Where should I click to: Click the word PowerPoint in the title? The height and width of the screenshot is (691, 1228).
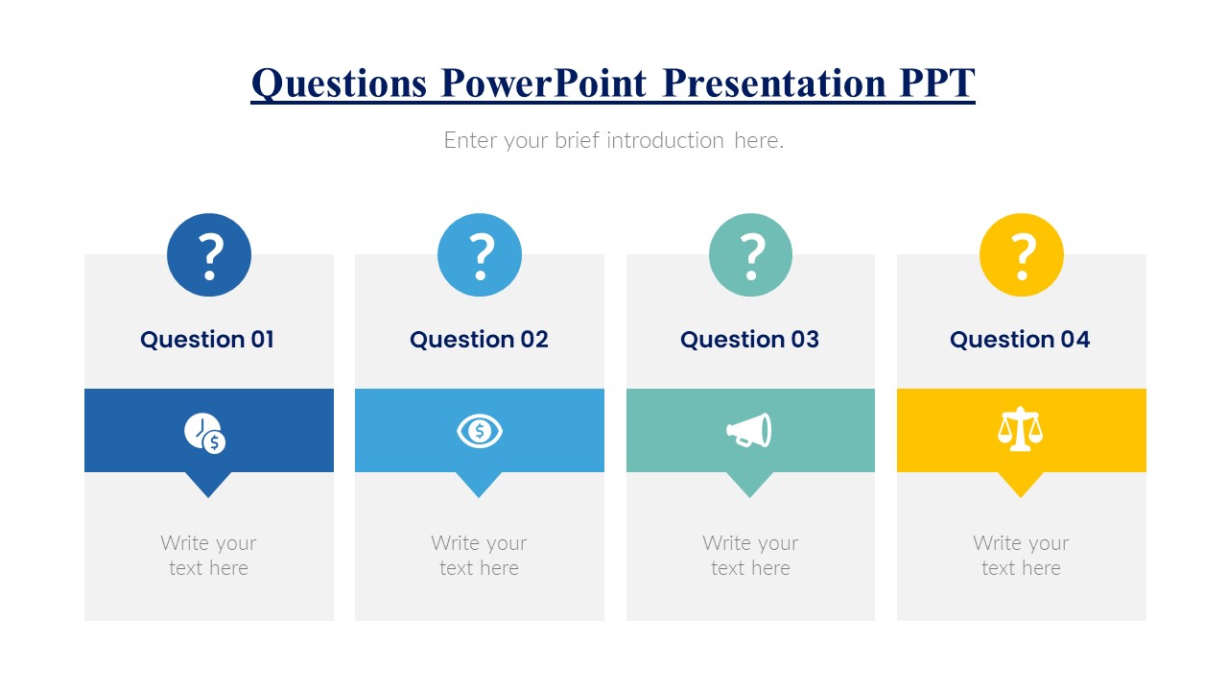pos(544,83)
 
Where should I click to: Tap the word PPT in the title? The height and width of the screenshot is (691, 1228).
pos(936,83)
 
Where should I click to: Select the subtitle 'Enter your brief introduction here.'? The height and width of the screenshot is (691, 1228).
pos(613,140)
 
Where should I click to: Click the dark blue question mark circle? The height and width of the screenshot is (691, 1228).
pos(209,255)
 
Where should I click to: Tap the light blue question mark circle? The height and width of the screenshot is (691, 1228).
pos(480,255)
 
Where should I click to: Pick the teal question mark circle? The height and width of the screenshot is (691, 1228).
pos(750,255)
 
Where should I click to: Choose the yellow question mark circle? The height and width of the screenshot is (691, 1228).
pos(1021,255)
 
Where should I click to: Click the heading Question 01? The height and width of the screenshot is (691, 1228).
pos(207,340)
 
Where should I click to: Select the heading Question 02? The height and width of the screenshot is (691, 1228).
pos(479,340)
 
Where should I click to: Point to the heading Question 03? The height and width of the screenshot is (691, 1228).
pos(749,340)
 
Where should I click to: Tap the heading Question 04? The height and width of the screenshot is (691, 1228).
pos(1020,340)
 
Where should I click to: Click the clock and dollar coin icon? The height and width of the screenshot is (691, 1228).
pos(205,433)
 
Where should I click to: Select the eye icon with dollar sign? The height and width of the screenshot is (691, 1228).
pos(480,431)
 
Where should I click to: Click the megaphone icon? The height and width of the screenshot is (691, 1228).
pos(748,431)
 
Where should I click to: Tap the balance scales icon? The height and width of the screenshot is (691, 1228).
pos(1020,430)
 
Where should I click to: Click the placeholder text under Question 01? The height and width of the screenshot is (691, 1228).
pos(208,556)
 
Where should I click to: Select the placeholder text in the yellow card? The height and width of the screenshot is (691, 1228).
pos(1021,556)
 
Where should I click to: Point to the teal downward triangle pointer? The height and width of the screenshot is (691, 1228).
pos(749,483)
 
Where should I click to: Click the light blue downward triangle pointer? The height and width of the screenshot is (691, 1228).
pos(479,483)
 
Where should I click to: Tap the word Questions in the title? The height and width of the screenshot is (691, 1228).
pos(339,83)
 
